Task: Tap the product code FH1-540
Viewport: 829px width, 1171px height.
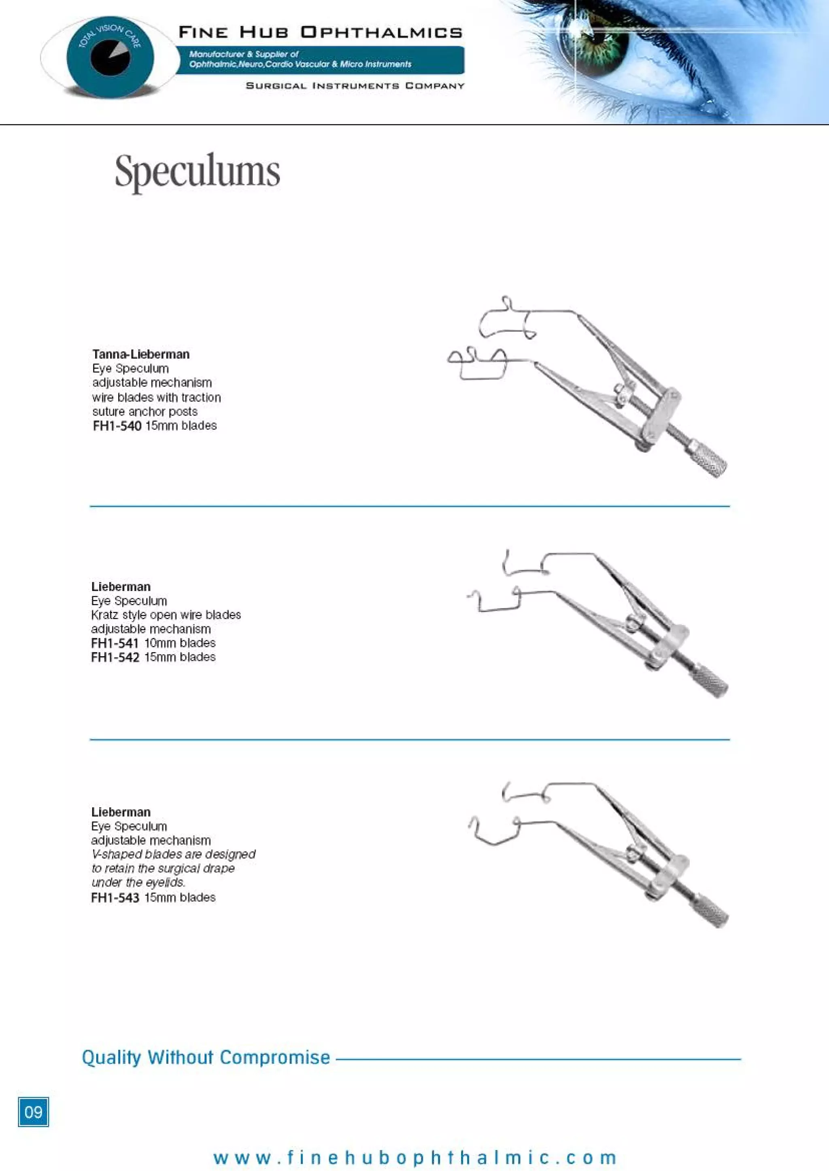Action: coord(117,426)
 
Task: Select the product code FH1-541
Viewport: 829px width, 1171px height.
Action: coord(115,643)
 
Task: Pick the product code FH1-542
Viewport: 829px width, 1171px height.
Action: coord(115,657)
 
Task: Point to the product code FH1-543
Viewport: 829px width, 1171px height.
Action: coord(115,897)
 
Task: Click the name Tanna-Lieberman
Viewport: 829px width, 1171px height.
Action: coord(141,354)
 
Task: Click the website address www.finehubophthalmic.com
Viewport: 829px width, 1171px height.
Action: coord(414,1157)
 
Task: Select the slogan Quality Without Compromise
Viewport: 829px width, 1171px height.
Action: coord(206,1057)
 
